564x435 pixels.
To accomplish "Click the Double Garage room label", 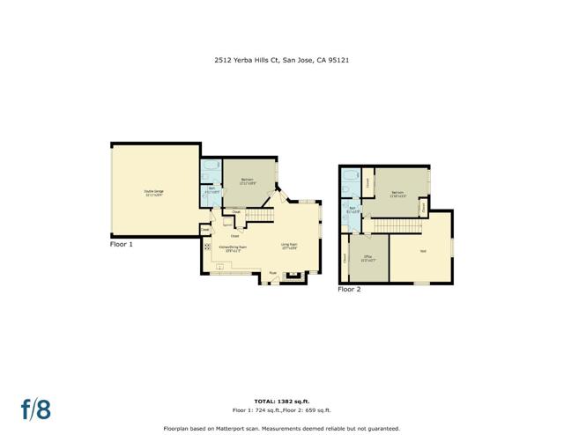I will pyautogui.click(x=153, y=193).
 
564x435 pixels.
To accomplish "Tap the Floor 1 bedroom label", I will pyautogui.click(x=247, y=182).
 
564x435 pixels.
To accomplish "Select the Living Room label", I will pyautogui.click(x=289, y=246).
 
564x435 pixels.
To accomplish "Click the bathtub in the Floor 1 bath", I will pyautogui.click(x=211, y=166).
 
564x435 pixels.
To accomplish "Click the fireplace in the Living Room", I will pyautogui.click(x=294, y=276).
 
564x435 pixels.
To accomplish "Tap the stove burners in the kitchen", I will pyautogui.click(x=208, y=248).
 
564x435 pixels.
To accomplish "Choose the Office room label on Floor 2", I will pyautogui.click(x=368, y=258).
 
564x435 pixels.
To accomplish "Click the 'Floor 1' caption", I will pyautogui.click(x=122, y=244).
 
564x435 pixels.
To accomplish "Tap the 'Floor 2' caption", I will pyautogui.click(x=350, y=288).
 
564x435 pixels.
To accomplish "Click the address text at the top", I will pyautogui.click(x=282, y=61).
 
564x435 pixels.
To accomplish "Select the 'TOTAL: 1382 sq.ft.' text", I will pyautogui.click(x=282, y=401).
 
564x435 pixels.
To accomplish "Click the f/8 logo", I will pyautogui.click(x=36, y=409).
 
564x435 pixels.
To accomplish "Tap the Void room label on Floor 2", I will pyautogui.click(x=423, y=252).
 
